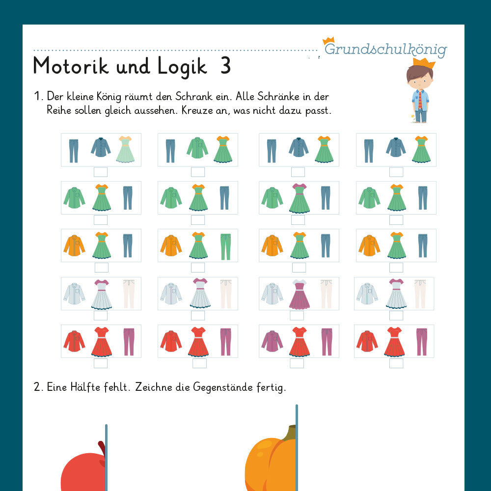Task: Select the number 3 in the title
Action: tap(225, 66)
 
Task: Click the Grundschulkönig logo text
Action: tap(385, 49)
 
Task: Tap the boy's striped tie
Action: tap(420, 100)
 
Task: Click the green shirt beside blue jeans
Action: tap(197, 148)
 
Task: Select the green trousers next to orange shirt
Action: tap(225, 246)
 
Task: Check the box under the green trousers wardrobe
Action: tap(198, 268)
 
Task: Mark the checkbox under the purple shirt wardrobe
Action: tap(297, 363)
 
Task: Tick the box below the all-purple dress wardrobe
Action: tap(297, 316)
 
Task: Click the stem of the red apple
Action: tap(102, 448)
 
